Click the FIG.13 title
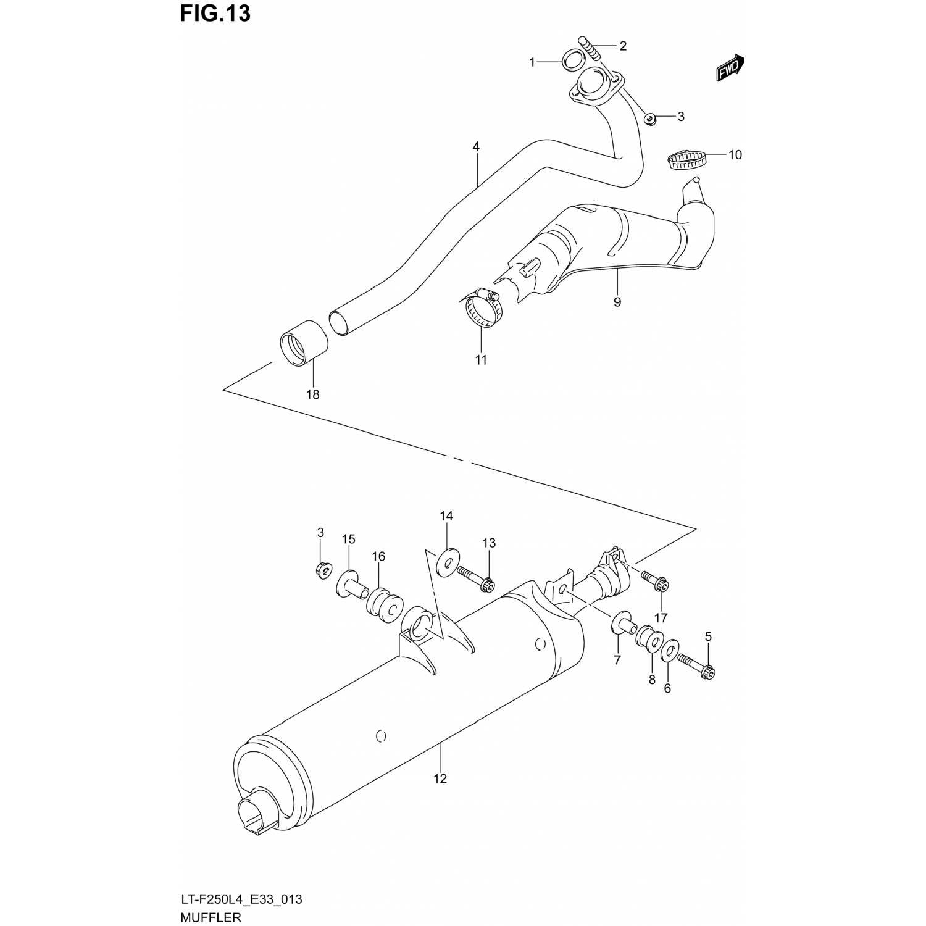215,13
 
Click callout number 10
735,154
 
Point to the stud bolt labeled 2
590,48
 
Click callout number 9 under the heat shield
617,302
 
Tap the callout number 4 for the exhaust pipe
476,147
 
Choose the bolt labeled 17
654,580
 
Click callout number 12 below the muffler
440,778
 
